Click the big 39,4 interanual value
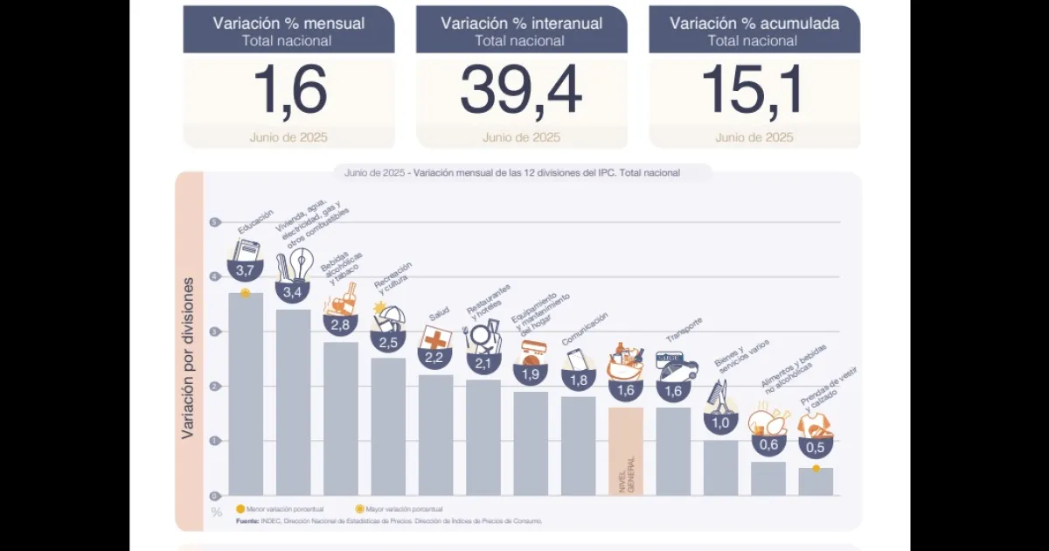coord(521,91)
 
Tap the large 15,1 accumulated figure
coord(754,91)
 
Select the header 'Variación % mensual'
coord(288,24)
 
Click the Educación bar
coord(246,394)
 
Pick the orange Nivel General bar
coord(626,450)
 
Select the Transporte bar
coord(673,450)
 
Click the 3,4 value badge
coord(294,291)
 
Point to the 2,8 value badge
coord(340,324)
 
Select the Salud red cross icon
coord(434,338)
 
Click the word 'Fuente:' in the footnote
coord(247,521)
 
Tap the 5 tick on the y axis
coord(214,222)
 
